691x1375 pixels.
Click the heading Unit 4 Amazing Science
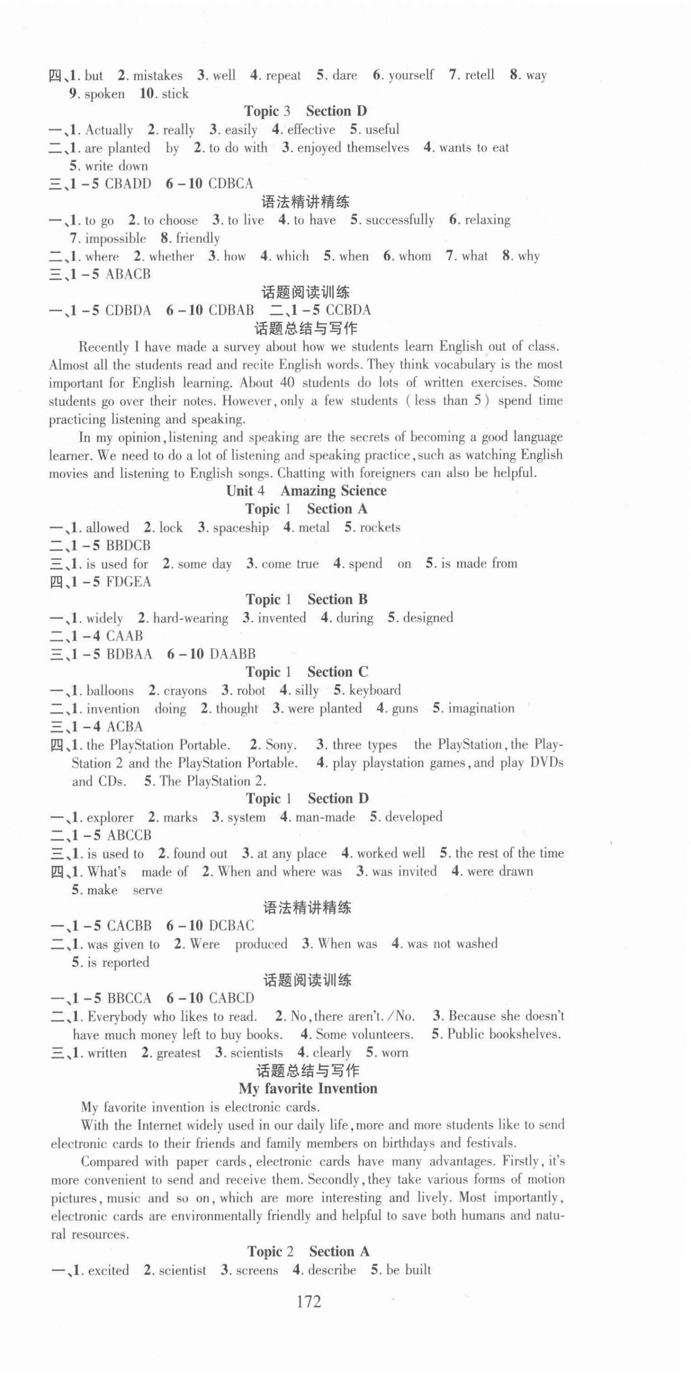pyautogui.click(x=306, y=491)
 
